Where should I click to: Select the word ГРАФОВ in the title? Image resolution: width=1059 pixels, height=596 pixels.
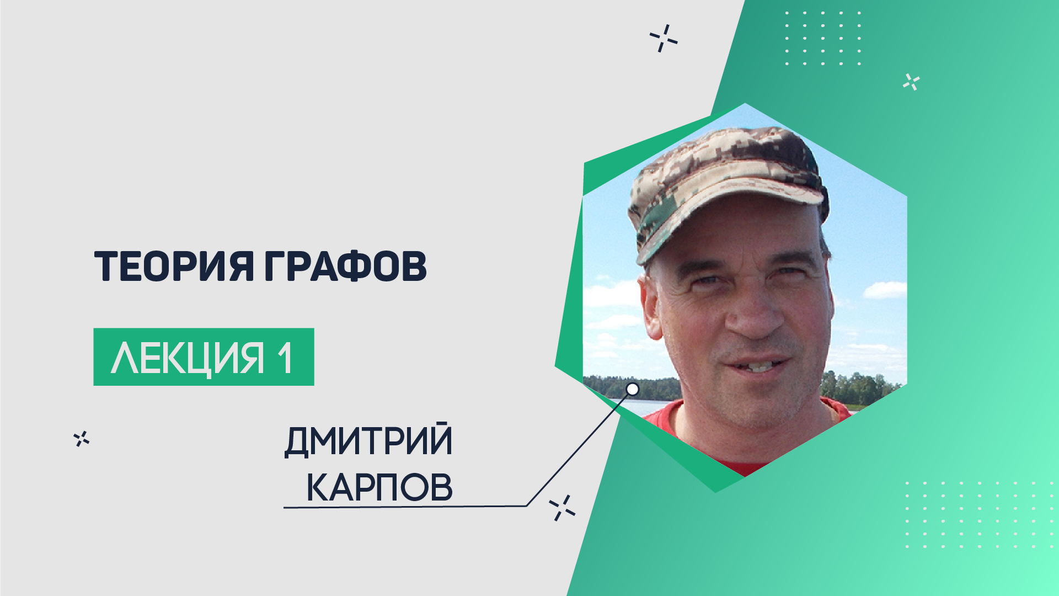346,267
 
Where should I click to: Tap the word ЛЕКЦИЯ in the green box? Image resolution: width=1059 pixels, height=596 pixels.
188,358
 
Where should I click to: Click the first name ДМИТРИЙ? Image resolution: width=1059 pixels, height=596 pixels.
368,440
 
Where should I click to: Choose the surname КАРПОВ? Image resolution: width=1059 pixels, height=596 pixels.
379,487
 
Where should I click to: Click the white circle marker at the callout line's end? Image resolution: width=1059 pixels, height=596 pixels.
633,389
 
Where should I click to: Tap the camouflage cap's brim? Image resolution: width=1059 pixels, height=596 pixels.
728,218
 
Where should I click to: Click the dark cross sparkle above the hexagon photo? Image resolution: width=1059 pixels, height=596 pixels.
664,38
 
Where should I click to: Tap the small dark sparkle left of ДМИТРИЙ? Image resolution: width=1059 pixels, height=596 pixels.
82,439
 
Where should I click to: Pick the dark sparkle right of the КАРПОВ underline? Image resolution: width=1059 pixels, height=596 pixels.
562,508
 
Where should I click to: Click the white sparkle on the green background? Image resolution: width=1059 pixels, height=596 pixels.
911,82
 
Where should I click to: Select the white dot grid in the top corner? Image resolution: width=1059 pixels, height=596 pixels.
823,38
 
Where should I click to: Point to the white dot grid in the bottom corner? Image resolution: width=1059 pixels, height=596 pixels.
979,514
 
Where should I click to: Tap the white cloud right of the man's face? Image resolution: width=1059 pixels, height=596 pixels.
885,290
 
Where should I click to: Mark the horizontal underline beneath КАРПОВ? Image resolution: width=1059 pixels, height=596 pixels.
405,507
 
